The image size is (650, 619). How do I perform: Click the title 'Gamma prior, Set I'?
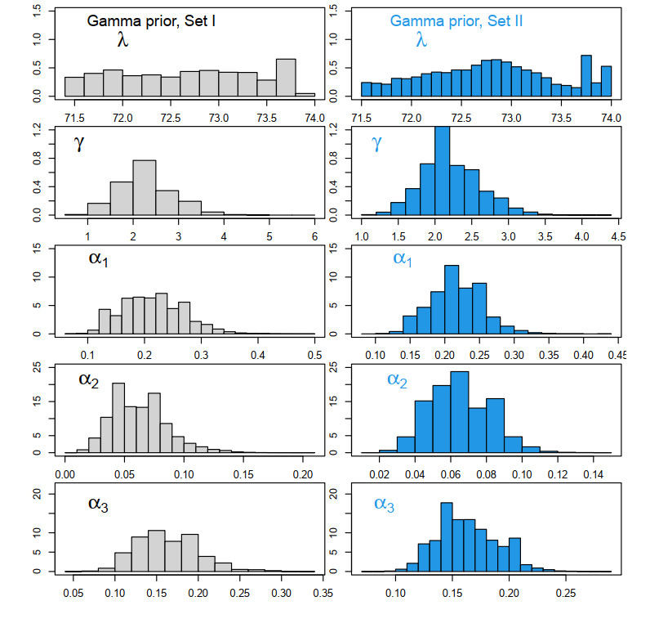click(x=152, y=20)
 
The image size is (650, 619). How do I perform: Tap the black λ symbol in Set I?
click(x=123, y=38)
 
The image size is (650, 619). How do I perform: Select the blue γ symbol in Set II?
click(x=376, y=144)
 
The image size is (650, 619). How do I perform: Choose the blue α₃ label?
click(x=384, y=503)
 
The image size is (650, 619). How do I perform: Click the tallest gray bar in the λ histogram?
click(x=286, y=78)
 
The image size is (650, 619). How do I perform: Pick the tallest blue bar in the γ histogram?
click(x=442, y=171)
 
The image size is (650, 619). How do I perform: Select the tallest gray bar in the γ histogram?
click(x=144, y=187)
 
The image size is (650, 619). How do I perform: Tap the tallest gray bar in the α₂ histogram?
click(x=118, y=417)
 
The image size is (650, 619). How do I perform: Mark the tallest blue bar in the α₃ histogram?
click(x=446, y=536)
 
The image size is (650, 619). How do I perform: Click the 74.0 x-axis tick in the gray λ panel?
click(x=314, y=118)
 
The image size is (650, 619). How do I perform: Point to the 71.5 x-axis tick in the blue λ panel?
click(x=361, y=118)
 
